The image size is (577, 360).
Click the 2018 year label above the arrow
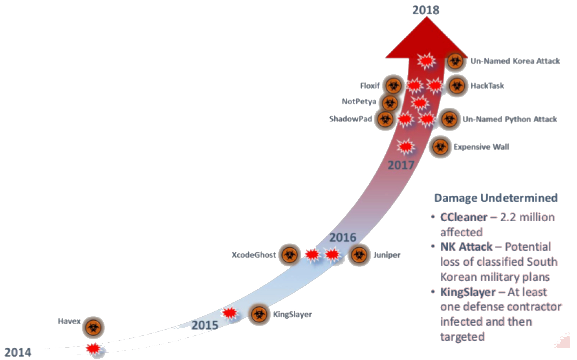tap(425, 10)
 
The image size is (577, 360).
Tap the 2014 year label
tap(18, 352)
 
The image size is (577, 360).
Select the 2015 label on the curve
tap(205, 325)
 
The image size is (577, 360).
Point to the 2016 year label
tap(343, 237)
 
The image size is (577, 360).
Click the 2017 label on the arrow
tap(401, 165)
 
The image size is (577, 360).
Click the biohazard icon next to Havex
tap(93, 327)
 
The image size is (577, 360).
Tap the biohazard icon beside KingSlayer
tap(259, 314)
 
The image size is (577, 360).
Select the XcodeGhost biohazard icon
tap(289, 255)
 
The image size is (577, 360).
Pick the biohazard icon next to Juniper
tap(359, 255)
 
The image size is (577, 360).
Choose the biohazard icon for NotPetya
tap(390, 103)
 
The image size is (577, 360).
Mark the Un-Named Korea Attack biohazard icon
tap(455, 61)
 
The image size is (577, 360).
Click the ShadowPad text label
tap(350, 119)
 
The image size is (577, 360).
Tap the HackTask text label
tap(487, 86)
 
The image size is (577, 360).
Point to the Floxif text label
tap(369, 86)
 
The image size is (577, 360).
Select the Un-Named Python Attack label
tap(510, 119)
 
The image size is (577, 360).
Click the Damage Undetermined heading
tap(495, 198)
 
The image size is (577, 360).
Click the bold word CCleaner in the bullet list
tap(464, 217)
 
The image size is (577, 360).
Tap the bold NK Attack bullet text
tap(466, 246)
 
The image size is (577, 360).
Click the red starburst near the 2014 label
tap(93, 349)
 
